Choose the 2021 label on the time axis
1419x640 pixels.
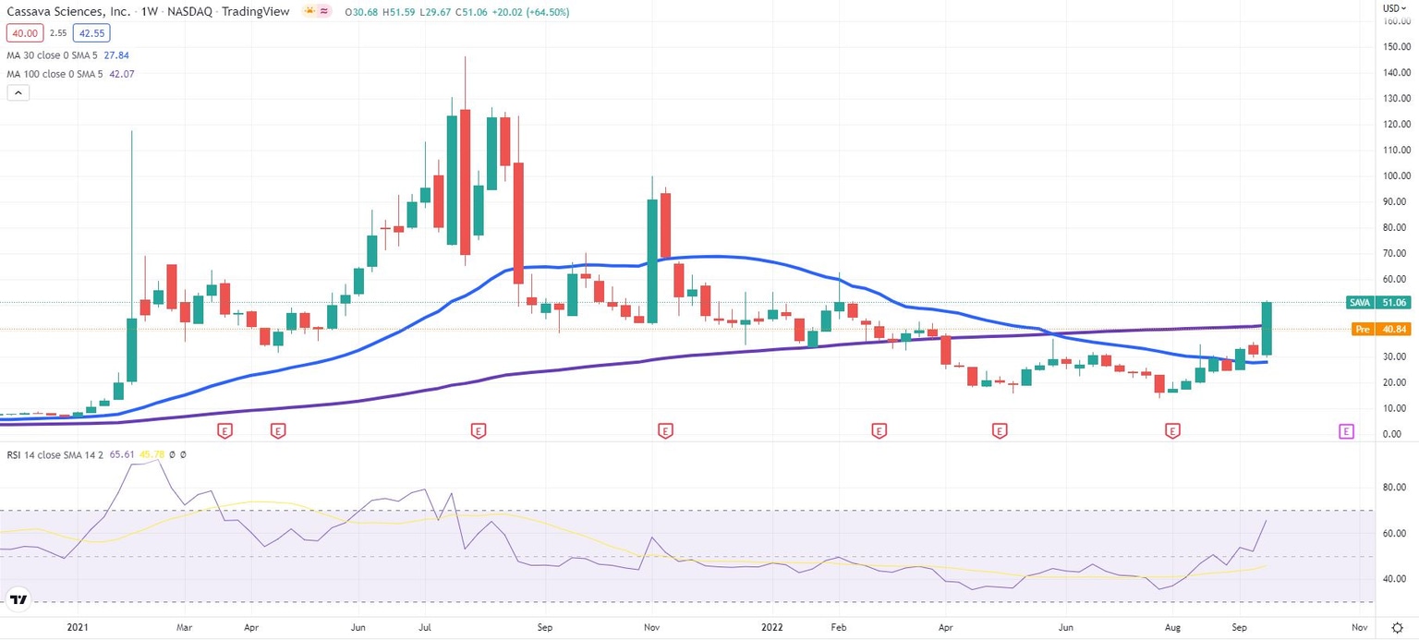coord(79,626)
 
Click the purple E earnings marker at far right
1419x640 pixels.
coord(1346,430)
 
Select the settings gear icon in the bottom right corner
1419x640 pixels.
coord(1397,626)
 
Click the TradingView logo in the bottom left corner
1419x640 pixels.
coord(18,600)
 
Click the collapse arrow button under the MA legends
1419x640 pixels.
coord(18,92)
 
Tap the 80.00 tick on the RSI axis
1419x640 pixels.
coord(1392,488)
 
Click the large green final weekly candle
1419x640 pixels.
coord(1267,328)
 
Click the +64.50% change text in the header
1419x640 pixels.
coord(545,12)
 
